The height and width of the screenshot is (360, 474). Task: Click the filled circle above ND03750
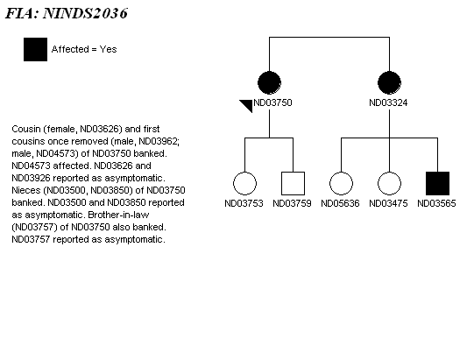pos(269,83)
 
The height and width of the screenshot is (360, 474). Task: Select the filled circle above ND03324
pos(389,83)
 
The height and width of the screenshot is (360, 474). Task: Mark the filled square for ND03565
pos(437,183)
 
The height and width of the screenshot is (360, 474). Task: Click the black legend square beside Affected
pos(35,50)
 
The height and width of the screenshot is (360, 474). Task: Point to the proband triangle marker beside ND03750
pos(248,104)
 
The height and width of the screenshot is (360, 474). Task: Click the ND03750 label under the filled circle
pos(272,102)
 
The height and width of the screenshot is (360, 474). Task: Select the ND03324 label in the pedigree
pos(388,102)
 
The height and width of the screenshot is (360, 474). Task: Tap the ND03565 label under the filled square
pos(436,203)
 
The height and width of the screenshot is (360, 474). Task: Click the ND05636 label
pos(340,203)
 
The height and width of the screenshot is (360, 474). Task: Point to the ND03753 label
pos(244,203)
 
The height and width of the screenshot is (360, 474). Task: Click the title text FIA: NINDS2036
pos(67,13)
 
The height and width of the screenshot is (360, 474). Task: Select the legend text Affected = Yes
pos(84,49)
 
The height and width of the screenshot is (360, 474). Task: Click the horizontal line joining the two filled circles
pos(329,37)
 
